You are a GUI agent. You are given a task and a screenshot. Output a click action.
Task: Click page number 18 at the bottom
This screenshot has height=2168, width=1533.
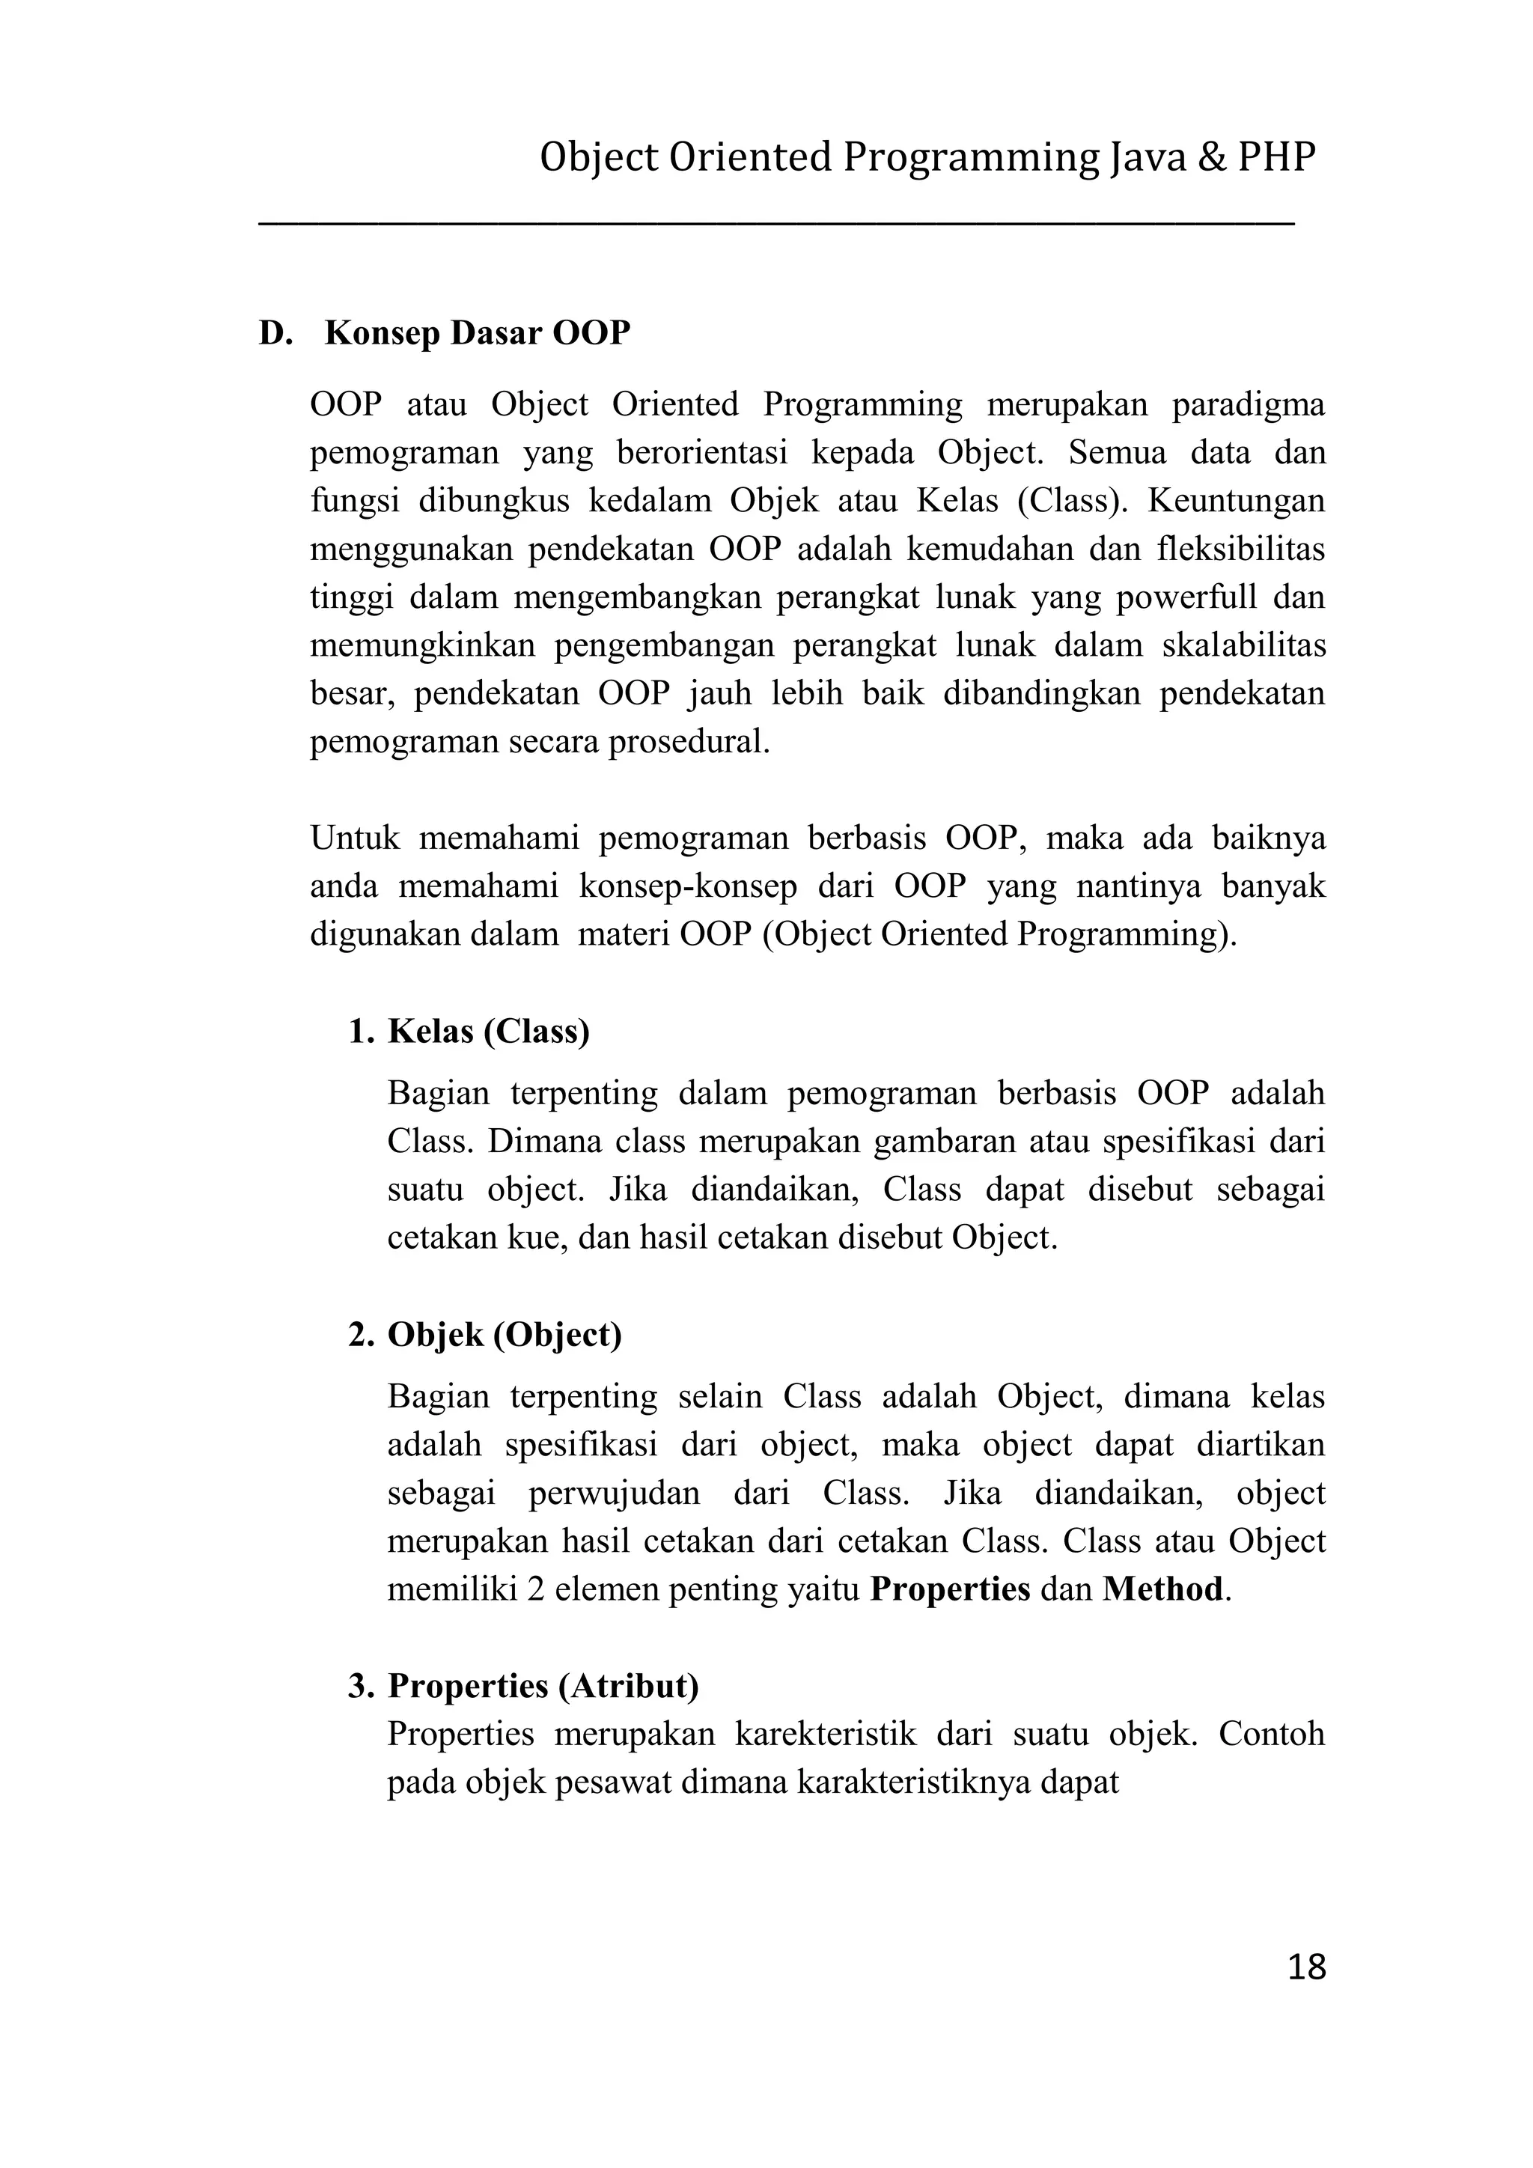[1306, 1967]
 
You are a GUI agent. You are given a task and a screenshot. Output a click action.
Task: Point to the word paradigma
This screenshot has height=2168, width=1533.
[1248, 405]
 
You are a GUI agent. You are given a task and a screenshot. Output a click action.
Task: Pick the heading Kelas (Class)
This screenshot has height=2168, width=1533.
[488, 1031]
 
